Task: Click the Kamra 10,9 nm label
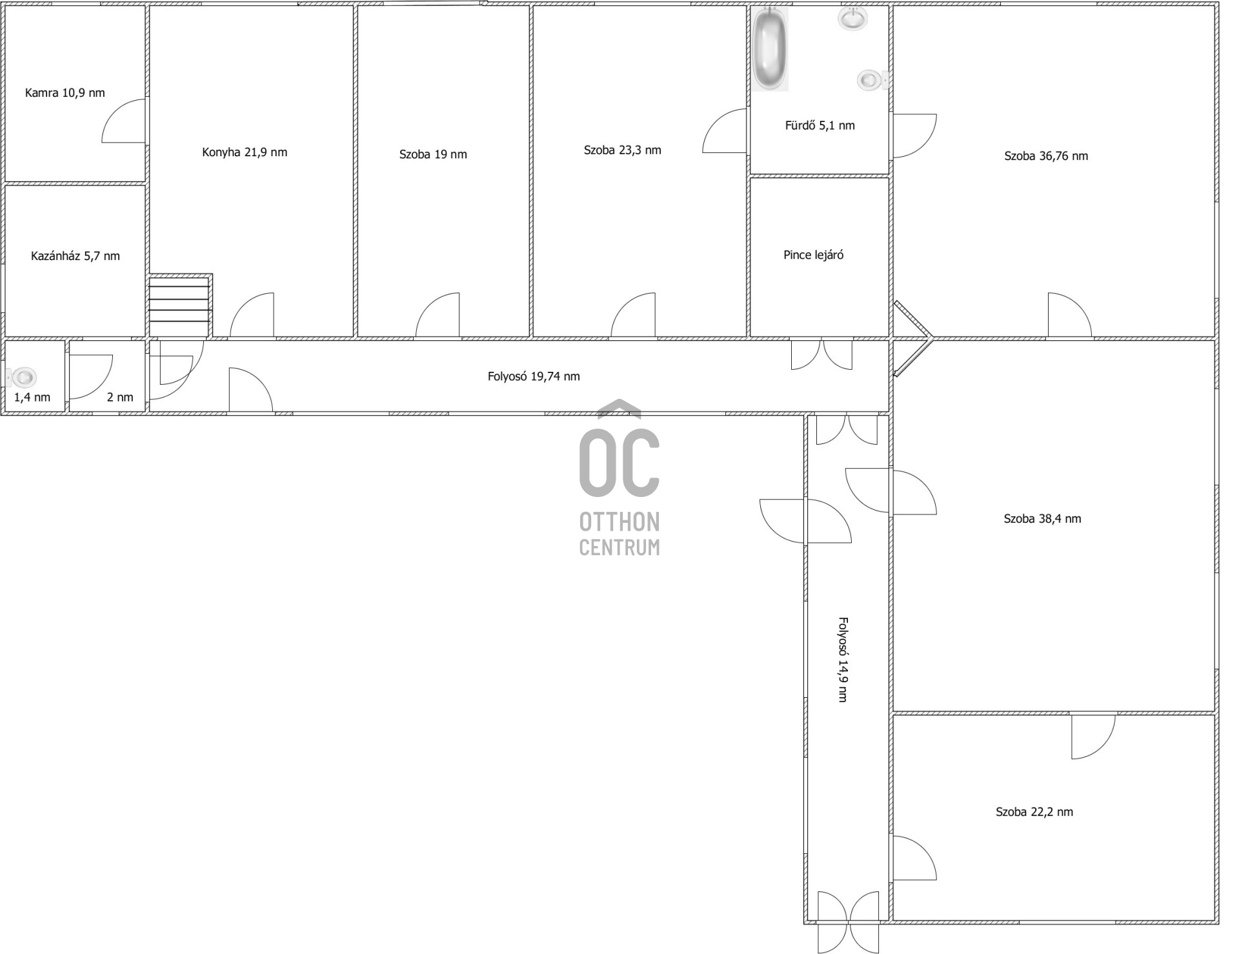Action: pos(65,93)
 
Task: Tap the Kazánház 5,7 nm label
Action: pos(76,256)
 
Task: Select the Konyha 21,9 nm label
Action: pos(245,152)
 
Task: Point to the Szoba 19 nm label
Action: pos(433,154)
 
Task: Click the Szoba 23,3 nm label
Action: pos(622,150)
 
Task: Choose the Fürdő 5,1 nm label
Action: pos(820,125)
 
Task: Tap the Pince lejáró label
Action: pos(813,255)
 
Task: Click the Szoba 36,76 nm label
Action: pos(1046,156)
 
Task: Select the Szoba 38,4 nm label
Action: pos(1042,519)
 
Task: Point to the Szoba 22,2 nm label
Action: pos(1034,812)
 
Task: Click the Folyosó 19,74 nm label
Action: pos(534,376)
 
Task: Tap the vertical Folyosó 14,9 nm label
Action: pos(843,660)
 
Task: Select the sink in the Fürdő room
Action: pos(853,19)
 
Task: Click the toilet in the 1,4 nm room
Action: pos(23,377)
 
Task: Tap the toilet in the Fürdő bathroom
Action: pos(873,80)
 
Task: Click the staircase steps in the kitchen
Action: pos(180,306)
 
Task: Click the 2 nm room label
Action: pos(120,398)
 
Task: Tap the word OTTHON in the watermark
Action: pos(619,522)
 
